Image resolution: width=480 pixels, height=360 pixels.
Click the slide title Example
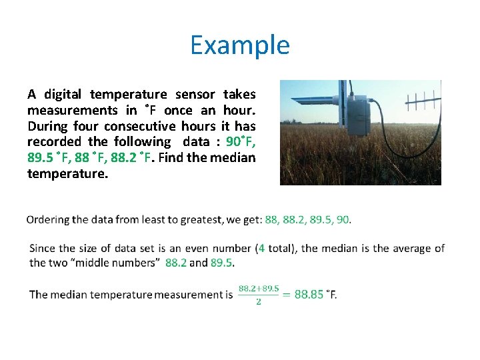pos(239,45)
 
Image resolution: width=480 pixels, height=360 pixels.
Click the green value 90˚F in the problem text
pos(241,141)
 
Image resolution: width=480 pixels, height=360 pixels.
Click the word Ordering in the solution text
pos(47,219)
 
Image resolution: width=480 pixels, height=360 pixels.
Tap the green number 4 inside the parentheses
pos(262,248)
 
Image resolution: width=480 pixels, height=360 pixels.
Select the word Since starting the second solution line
pos(43,248)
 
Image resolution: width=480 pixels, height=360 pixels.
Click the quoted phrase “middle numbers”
pos(113,263)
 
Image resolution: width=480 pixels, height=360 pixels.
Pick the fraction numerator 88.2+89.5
pos(259,287)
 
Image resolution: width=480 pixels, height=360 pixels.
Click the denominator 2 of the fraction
pos(259,301)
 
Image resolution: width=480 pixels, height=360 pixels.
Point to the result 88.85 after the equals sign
pos(309,294)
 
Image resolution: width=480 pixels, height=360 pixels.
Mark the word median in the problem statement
pos(233,157)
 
